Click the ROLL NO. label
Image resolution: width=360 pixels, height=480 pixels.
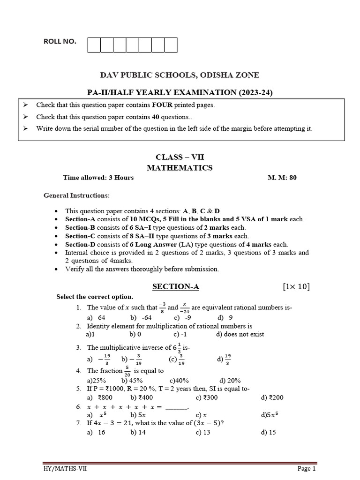[x=60, y=42]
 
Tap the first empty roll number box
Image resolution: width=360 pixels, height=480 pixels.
[x=94, y=45]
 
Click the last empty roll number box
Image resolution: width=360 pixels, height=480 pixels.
[x=171, y=45]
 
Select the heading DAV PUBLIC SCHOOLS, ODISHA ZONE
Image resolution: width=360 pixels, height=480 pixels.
[x=180, y=75]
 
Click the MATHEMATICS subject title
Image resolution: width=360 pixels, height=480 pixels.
[x=180, y=167]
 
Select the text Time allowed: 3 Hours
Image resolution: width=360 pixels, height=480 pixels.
[x=98, y=178]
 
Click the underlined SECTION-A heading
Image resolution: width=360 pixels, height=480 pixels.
[x=172, y=286]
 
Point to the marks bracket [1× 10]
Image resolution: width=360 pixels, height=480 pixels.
[x=295, y=287]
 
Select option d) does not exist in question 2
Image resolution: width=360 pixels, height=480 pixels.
[x=240, y=334]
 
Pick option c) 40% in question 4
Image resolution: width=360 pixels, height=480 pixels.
[x=179, y=380]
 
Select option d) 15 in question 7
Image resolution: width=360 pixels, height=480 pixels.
[x=269, y=432]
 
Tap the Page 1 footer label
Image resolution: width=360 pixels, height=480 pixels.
[x=307, y=468]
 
